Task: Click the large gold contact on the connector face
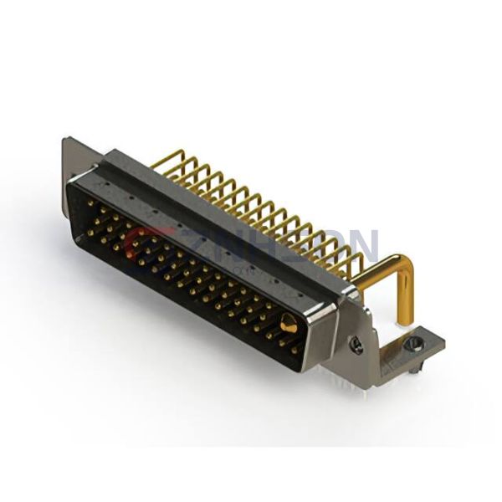pos(288,324)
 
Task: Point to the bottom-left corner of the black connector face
pos(80,238)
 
